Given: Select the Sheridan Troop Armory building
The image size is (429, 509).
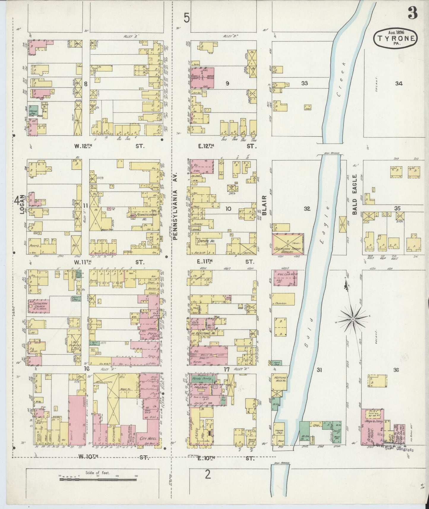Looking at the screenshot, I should click(287, 244).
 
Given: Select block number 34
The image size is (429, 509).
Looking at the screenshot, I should click(398, 83).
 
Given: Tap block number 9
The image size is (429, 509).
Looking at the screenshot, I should click(227, 83).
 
